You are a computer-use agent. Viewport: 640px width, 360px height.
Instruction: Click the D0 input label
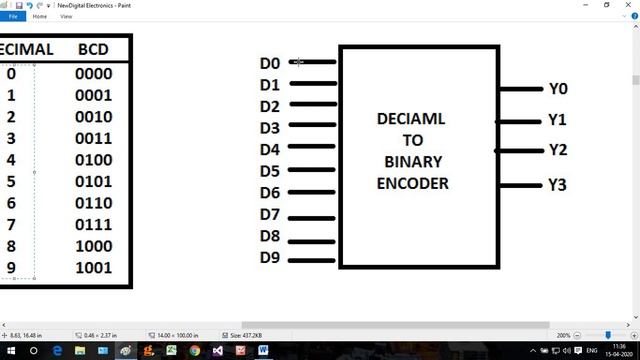click(270, 63)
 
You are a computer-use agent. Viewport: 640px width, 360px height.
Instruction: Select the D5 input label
click(270, 171)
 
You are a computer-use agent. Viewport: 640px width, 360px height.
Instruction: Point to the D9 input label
click(270, 258)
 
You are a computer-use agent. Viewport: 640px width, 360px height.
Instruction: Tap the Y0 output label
click(558, 89)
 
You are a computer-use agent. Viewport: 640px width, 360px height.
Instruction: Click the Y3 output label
click(558, 185)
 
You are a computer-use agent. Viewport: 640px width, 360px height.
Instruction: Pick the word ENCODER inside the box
click(412, 183)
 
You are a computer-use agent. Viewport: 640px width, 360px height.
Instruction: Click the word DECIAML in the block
click(412, 119)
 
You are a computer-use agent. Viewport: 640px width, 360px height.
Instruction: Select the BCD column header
click(99, 49)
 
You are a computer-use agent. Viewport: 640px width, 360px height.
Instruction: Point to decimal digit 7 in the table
click(11, 225)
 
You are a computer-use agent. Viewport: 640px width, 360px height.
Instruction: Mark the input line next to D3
click(311, 127)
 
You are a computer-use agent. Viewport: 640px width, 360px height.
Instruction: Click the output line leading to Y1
click(520, 122)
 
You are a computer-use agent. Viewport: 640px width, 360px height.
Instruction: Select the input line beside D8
click(311, 241)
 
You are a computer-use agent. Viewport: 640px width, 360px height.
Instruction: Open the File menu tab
click(13, 17)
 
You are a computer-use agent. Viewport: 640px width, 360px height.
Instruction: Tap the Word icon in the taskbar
click(264, 351)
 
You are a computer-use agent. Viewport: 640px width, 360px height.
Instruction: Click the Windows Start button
click(9, 351)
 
